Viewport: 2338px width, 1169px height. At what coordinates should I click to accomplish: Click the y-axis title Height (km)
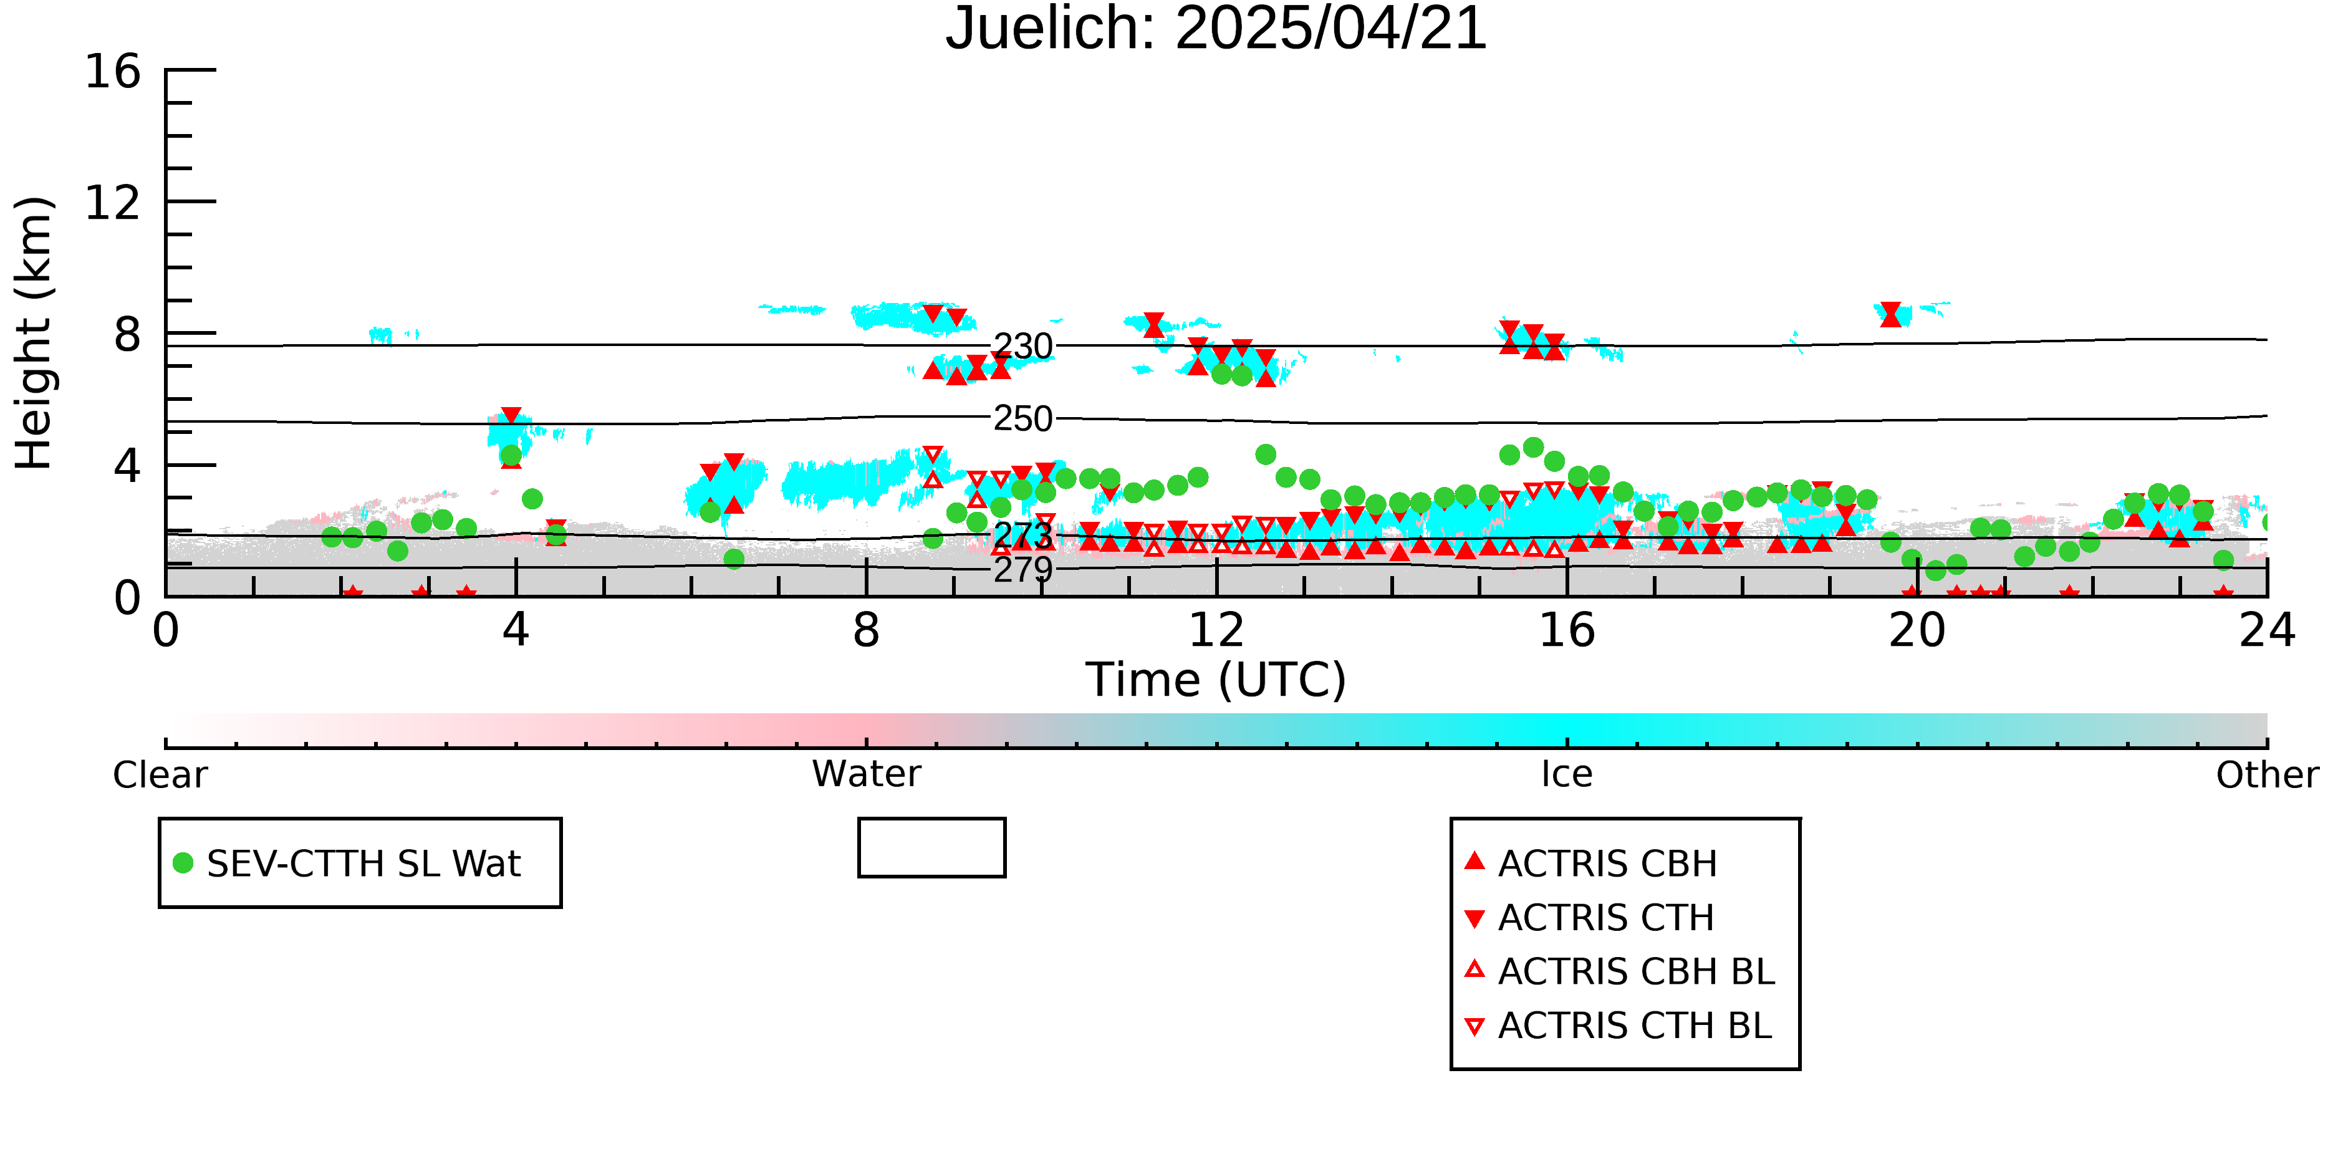click(34, 333)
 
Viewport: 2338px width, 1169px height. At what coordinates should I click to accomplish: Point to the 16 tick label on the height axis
click(113, 71)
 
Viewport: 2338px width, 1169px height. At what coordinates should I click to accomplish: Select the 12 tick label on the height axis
click(113, 203)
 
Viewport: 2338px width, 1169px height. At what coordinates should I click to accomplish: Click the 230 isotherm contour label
click(1023, 346)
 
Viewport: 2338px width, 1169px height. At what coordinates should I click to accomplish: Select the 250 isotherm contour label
click(1023, 418)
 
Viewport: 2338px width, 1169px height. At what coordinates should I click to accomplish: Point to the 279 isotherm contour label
click(1023, 570)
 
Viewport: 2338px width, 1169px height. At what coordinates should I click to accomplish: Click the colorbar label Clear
click(160, 775)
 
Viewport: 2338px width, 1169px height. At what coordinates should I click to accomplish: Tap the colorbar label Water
click(866, 774)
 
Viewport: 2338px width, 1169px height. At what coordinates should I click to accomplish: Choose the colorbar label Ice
click(1567, 774)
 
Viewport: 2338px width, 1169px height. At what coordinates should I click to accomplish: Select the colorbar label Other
click(2267, 775)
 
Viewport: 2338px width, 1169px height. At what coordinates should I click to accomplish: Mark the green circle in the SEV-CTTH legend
click(183, 863)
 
